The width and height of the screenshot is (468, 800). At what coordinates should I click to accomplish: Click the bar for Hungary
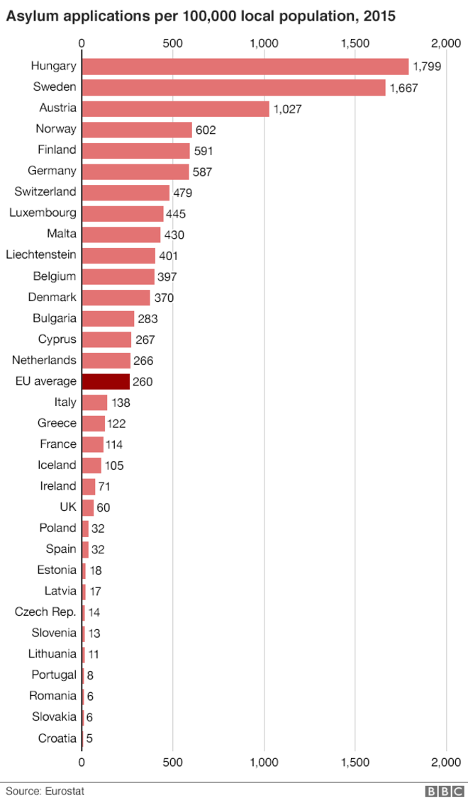[245, 67]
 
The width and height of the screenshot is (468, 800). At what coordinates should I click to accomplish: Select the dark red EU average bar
[106, 381]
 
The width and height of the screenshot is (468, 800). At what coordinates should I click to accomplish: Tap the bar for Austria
[175, 108]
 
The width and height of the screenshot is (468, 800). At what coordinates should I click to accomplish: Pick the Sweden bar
[233, 87]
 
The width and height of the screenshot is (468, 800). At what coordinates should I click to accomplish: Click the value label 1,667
[403, 89]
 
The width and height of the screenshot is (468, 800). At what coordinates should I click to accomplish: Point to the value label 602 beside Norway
[206, 130]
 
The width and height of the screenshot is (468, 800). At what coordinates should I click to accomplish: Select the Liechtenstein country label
[41, 254]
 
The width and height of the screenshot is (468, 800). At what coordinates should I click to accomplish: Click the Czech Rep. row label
[45, 612]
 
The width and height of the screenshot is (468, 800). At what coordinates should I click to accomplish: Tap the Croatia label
[57, 738]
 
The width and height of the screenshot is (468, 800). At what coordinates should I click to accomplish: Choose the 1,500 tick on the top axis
[355, 43]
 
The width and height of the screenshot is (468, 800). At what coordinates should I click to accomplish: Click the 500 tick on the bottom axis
[173, 762]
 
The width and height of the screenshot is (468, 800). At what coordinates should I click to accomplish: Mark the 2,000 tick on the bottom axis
[446, 762]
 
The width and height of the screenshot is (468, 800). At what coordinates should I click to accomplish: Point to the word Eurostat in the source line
[65, 791]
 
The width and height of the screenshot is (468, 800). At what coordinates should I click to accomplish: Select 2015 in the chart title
[379, 16]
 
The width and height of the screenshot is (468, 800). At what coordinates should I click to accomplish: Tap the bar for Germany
[135, 171]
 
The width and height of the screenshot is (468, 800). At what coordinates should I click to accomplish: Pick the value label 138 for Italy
[121, 402]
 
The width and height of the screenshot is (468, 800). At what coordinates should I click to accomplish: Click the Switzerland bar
[126, 192]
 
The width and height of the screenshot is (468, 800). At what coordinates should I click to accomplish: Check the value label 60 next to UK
[103, 507]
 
